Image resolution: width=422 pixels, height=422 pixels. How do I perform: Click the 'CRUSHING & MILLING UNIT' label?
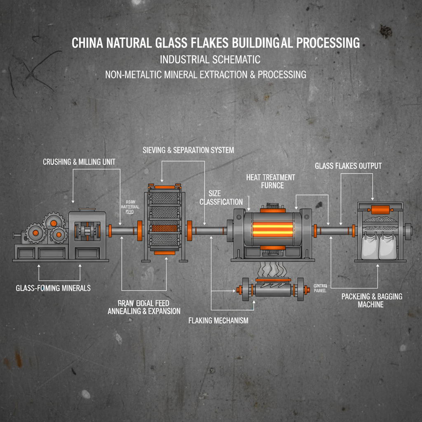(x=79, y=162)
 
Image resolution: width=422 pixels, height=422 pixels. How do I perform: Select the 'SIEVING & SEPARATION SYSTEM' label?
(x=188, y=150)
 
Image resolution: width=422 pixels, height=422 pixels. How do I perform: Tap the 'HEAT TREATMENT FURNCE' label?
(x=271, y=181)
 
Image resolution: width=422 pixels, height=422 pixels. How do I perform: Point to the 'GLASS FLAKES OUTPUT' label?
(x=348, y=166)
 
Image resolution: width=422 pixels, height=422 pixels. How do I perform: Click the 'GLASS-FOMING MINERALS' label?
(x=53, y=288)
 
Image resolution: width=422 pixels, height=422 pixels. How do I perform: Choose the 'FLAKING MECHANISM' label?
(x=218, y=320)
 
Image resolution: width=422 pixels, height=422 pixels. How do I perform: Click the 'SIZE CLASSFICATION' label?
(x=221, y=197)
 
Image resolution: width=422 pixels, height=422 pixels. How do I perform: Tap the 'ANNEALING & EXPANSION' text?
(x=144, y=311)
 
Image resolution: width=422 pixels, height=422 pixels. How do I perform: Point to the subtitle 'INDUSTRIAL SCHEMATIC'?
(x=210, y=59)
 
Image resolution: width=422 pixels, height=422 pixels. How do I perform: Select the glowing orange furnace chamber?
(x=270, y=229)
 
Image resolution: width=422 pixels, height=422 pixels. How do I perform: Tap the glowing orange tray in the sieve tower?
(x=162, y=228)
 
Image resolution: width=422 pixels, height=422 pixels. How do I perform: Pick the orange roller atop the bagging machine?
(x=380, y=210)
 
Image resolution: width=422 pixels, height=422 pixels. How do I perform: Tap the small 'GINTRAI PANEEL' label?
(x=320, y=287)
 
